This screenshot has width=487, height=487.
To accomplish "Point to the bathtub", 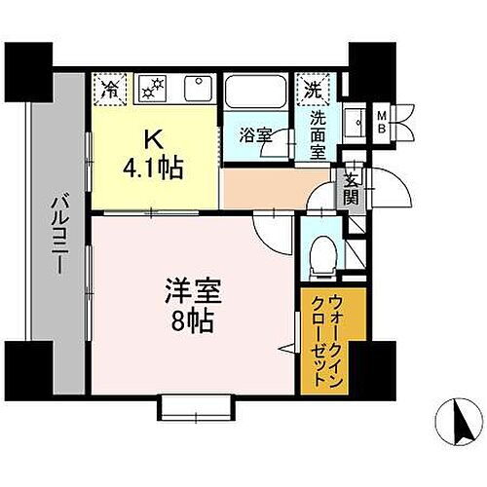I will [x=255, y=94].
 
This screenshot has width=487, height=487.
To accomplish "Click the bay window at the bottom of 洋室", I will [x=199, y=406].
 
